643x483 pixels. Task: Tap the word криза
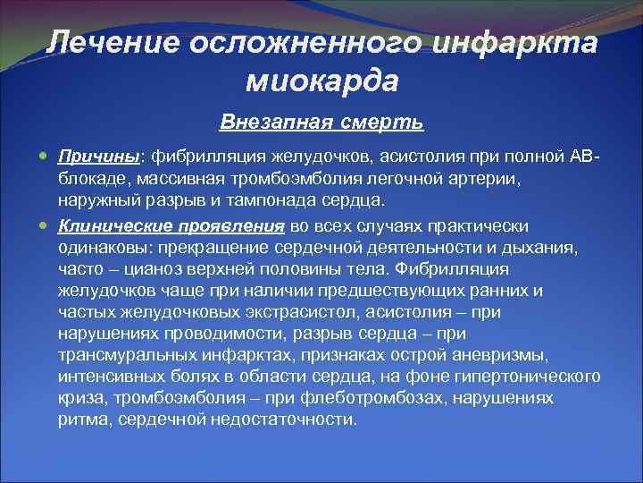coord(79,397)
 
